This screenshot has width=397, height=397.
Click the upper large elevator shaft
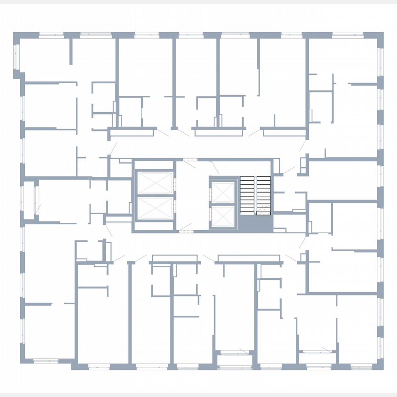pos(155,183)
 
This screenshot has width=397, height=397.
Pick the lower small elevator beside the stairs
pos(222,216)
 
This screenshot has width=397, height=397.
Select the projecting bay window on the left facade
pos(28,200)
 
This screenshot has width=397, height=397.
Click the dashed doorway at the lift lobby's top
pos(189,159)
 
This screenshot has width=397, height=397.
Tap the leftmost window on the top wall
pos(51,34)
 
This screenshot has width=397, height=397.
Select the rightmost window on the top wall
pos(348,34)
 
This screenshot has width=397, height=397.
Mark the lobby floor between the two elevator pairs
pos(192,195)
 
